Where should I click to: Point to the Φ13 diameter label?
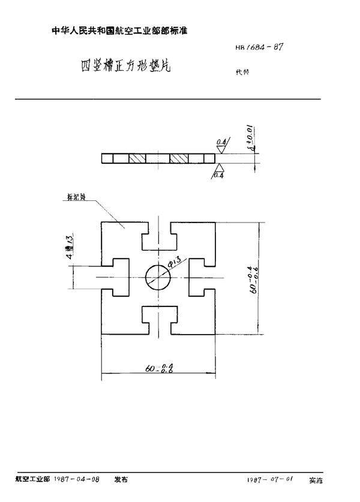(174, 261)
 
